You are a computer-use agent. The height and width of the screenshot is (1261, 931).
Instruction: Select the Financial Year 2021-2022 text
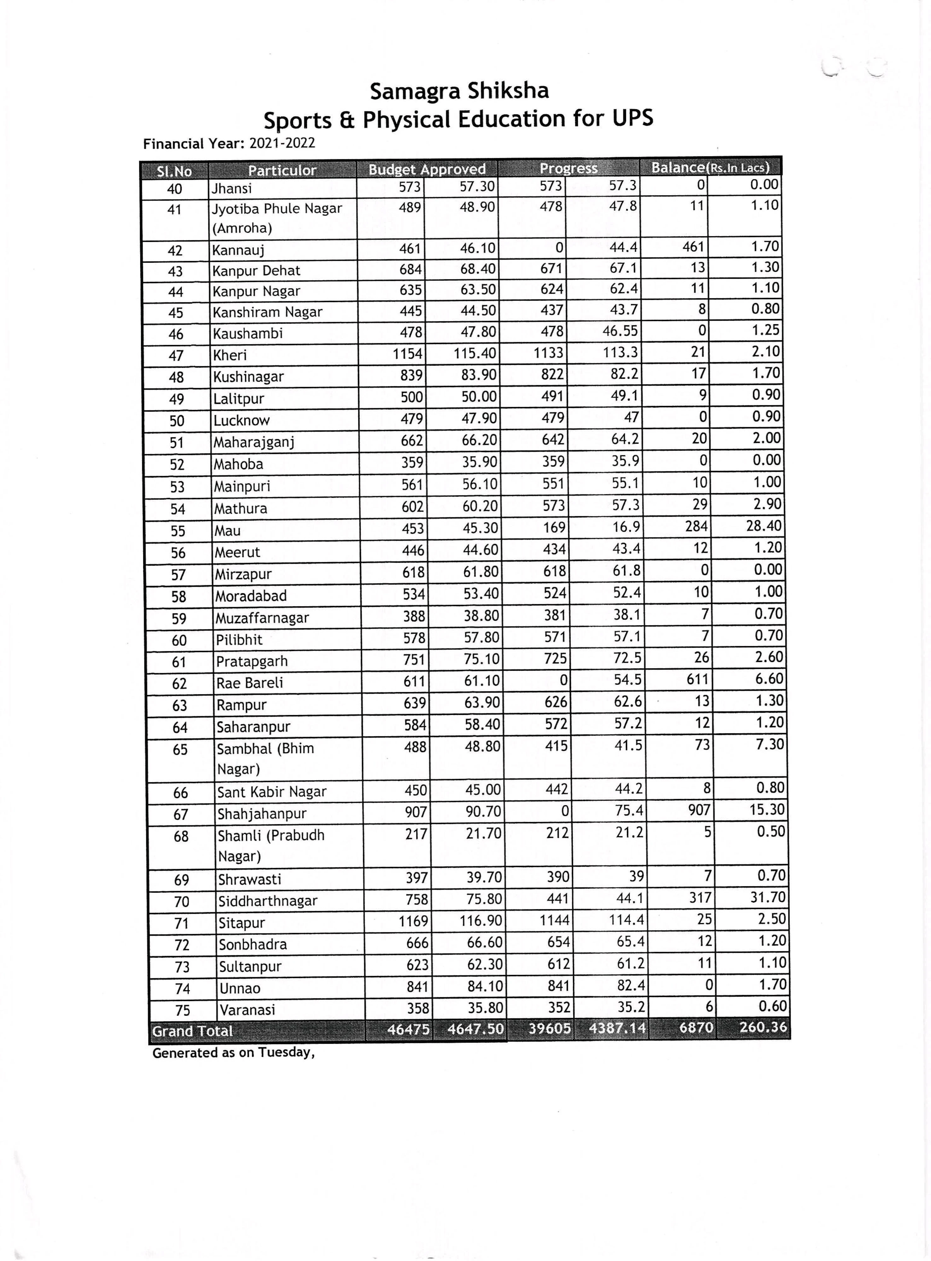pos(229,144)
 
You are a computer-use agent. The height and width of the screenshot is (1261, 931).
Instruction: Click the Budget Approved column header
pos(427,169)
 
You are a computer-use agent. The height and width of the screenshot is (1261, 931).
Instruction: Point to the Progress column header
pos(568,168)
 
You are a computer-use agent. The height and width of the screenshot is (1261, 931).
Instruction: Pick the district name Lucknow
pos(241,420)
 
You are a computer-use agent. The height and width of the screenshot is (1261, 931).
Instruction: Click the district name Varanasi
pos(247,1010)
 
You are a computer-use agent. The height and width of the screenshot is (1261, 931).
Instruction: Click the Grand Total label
pos(192,1031)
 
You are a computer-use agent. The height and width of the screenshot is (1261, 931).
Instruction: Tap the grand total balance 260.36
pos(763,1027)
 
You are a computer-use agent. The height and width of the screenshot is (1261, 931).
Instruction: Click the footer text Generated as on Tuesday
pos(233,1053)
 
